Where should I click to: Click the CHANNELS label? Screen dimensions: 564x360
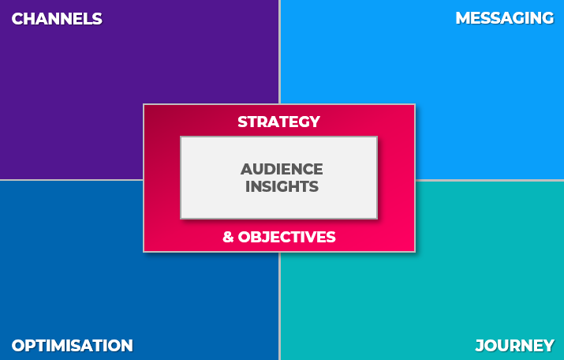(57, 19)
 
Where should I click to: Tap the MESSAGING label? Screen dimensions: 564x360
(504, 18)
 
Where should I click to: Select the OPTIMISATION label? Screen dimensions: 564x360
(73, 346)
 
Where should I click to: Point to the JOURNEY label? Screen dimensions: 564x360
(515, 346)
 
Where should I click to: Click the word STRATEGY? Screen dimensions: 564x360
(278, 122)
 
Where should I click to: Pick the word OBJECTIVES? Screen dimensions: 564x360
(286, 237)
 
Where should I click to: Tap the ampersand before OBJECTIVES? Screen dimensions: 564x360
(228, 237)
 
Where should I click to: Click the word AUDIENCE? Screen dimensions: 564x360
(282, 169)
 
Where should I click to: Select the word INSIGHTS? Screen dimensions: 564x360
(282, 186)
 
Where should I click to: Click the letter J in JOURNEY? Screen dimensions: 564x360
(480, 346)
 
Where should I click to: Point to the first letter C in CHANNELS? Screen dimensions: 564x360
(17, 19)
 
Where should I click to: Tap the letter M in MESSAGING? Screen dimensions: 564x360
(463, 18)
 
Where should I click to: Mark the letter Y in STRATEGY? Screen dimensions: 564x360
(314, 122)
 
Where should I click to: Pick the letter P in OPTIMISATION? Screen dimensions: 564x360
(32, 346)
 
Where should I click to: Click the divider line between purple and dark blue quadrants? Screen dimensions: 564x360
(71, 179)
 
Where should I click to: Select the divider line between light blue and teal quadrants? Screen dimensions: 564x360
(490, 180)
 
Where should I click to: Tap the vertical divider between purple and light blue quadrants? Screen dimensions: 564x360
(279, 52)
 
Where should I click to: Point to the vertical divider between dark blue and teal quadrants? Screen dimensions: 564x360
(279, 306)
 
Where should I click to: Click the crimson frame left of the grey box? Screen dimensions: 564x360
(162, 178)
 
